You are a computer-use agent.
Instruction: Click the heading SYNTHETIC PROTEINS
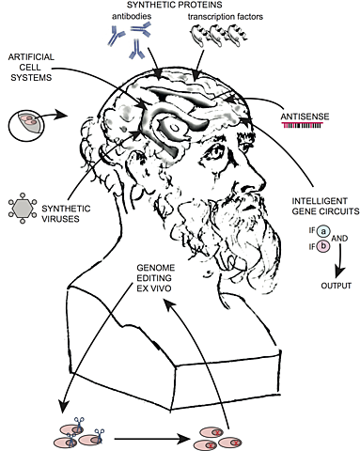point(179,7)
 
